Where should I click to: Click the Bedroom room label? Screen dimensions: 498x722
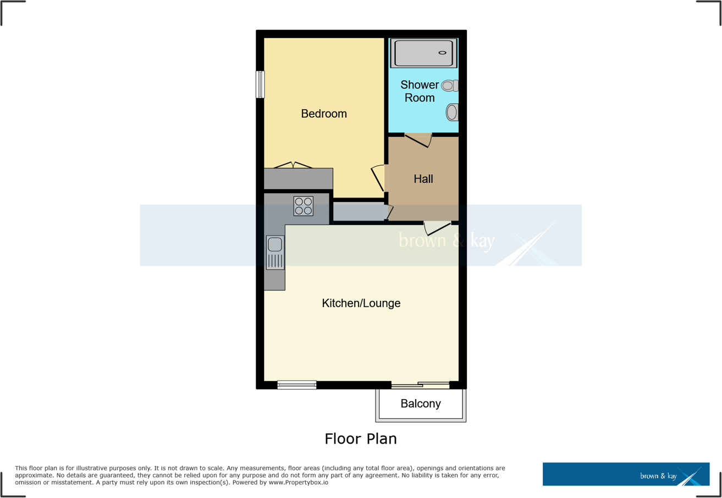point(324,114)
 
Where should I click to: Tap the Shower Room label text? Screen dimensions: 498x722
point(420,91)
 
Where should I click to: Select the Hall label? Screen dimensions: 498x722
point(423,179)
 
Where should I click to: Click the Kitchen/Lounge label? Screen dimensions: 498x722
point(361,303)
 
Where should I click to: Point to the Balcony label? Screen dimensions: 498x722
point(421,404)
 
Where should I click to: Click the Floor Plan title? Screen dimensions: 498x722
point(360,439)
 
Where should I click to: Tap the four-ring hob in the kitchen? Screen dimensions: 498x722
point(303,206)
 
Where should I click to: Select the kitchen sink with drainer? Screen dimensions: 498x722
point(275,253)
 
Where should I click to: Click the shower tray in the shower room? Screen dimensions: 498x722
point(423,53)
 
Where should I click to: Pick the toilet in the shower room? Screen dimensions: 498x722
point(450,86)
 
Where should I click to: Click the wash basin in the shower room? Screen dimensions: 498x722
point(452,113)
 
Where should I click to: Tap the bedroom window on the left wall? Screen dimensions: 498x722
point(260,85)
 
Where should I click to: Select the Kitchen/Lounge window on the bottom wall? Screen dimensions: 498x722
point(297,385)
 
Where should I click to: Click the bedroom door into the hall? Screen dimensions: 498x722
point(378,178)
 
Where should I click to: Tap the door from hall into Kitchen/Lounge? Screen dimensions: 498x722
point(438,228)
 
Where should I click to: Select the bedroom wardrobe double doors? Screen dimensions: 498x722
point(293,165)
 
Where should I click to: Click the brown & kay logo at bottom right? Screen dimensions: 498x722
point(626,474)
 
